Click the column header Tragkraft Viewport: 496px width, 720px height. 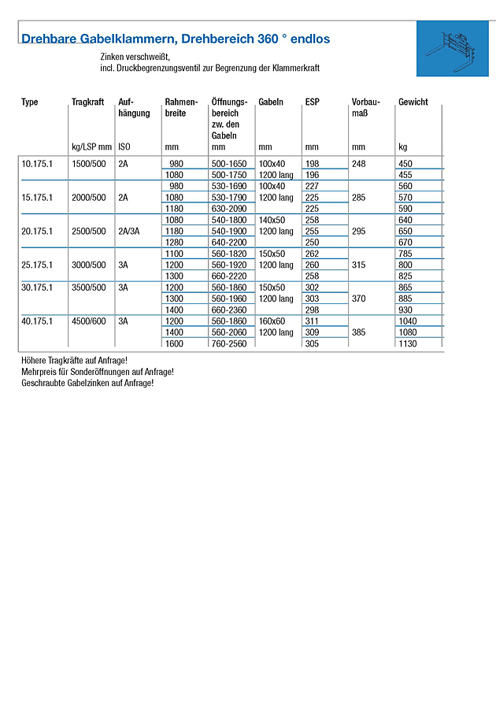coord(87,102)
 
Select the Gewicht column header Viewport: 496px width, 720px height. coord(413,102)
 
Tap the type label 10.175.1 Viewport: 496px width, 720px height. coord(35,163)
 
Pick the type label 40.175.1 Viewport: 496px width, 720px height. coord(35,321)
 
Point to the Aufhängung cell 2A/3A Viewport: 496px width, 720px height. coord(131,232)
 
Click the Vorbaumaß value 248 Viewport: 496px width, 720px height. coord(360,163)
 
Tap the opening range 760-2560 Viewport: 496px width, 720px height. coord(229,343)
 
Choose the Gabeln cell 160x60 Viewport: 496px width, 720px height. coord(272,321)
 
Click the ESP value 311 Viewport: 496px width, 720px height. coord(312,321)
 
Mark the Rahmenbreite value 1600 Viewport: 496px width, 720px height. coord(174,343)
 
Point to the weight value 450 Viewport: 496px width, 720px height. coord(405,163)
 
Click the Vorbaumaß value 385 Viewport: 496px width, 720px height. coord(360,332)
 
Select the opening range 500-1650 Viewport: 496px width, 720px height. coord(229,163)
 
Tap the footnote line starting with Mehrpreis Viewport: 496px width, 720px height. coord(98,371)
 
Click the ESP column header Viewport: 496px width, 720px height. coord(312,102)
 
